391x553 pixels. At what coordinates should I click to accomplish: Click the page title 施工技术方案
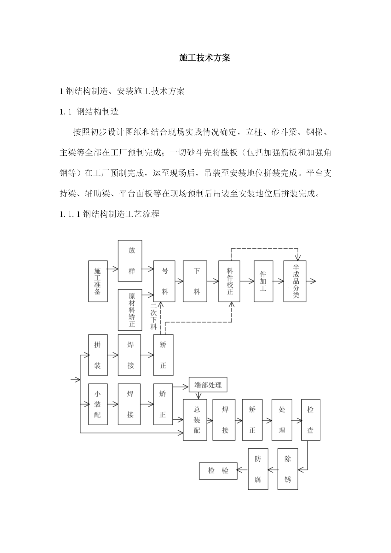(x=205, y=58)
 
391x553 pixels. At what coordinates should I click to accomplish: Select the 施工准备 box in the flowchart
(x=98, y=281)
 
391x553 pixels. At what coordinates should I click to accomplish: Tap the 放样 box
(x=130, y=261)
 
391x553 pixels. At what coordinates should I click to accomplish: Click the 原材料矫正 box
(x=130, y=310)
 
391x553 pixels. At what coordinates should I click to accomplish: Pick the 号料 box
(x=164, y=281)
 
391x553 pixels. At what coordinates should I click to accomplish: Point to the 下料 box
(x=195, y=281)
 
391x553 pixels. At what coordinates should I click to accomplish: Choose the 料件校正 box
(x=229, y=281)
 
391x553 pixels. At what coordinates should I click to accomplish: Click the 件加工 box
(x=264, y=281)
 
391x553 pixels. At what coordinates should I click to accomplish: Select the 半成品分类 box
(x=295, y=281)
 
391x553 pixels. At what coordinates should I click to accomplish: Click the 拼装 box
(x=98, y=355)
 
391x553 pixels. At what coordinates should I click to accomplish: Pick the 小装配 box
(x=98, y=404)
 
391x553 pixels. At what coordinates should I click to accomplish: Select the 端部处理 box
(x=208, y=385)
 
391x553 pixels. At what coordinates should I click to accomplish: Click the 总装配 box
(x=195, y=420)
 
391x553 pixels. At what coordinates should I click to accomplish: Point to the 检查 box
(x=311, y=420)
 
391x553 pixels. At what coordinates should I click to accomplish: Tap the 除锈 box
(x=288, y=469)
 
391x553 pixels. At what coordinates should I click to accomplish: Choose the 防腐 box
(x=258, y=469)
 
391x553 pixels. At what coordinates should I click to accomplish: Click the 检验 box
(x=218, y=471)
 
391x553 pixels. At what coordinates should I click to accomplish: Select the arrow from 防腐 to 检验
(x=243, y=470)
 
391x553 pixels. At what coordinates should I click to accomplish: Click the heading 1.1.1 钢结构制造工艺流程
(x=109, y=214)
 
